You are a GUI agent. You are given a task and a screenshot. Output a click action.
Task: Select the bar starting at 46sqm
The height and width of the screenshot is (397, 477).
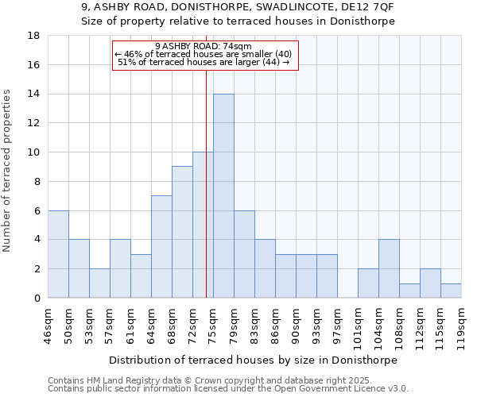(x=58, y=254)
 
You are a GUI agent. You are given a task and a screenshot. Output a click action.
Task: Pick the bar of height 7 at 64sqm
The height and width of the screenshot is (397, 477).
(x=161, y=247)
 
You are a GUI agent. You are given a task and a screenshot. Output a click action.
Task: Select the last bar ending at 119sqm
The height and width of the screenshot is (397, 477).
(x=451, y=291)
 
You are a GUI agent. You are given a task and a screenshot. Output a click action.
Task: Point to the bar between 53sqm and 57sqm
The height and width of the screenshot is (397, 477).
(x=99, y=283)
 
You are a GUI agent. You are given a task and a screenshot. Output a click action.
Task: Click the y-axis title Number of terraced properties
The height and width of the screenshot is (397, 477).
(x=8, y=171)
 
